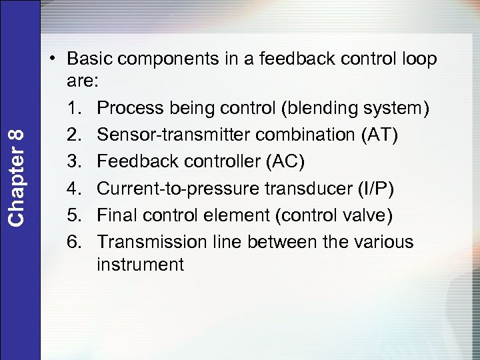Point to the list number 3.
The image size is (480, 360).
point(74,162)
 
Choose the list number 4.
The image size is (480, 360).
point(74,188)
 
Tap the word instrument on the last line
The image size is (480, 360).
point(140,265)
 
